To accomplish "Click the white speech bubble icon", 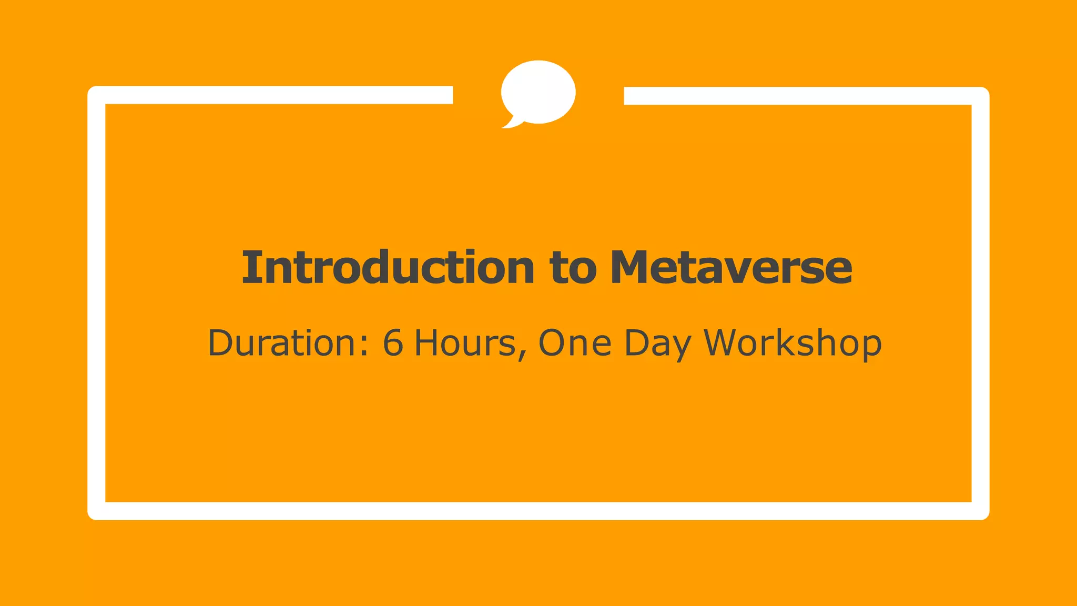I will point(538,92).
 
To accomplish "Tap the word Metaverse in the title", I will point(731,267).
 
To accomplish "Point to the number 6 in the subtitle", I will point(393,342).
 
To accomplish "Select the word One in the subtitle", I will point(575,343).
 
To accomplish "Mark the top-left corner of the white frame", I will point(97,96).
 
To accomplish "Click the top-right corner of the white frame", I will point(980,96).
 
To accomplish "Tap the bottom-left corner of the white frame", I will point(97,510).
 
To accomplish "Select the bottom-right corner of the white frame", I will point(980,510).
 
